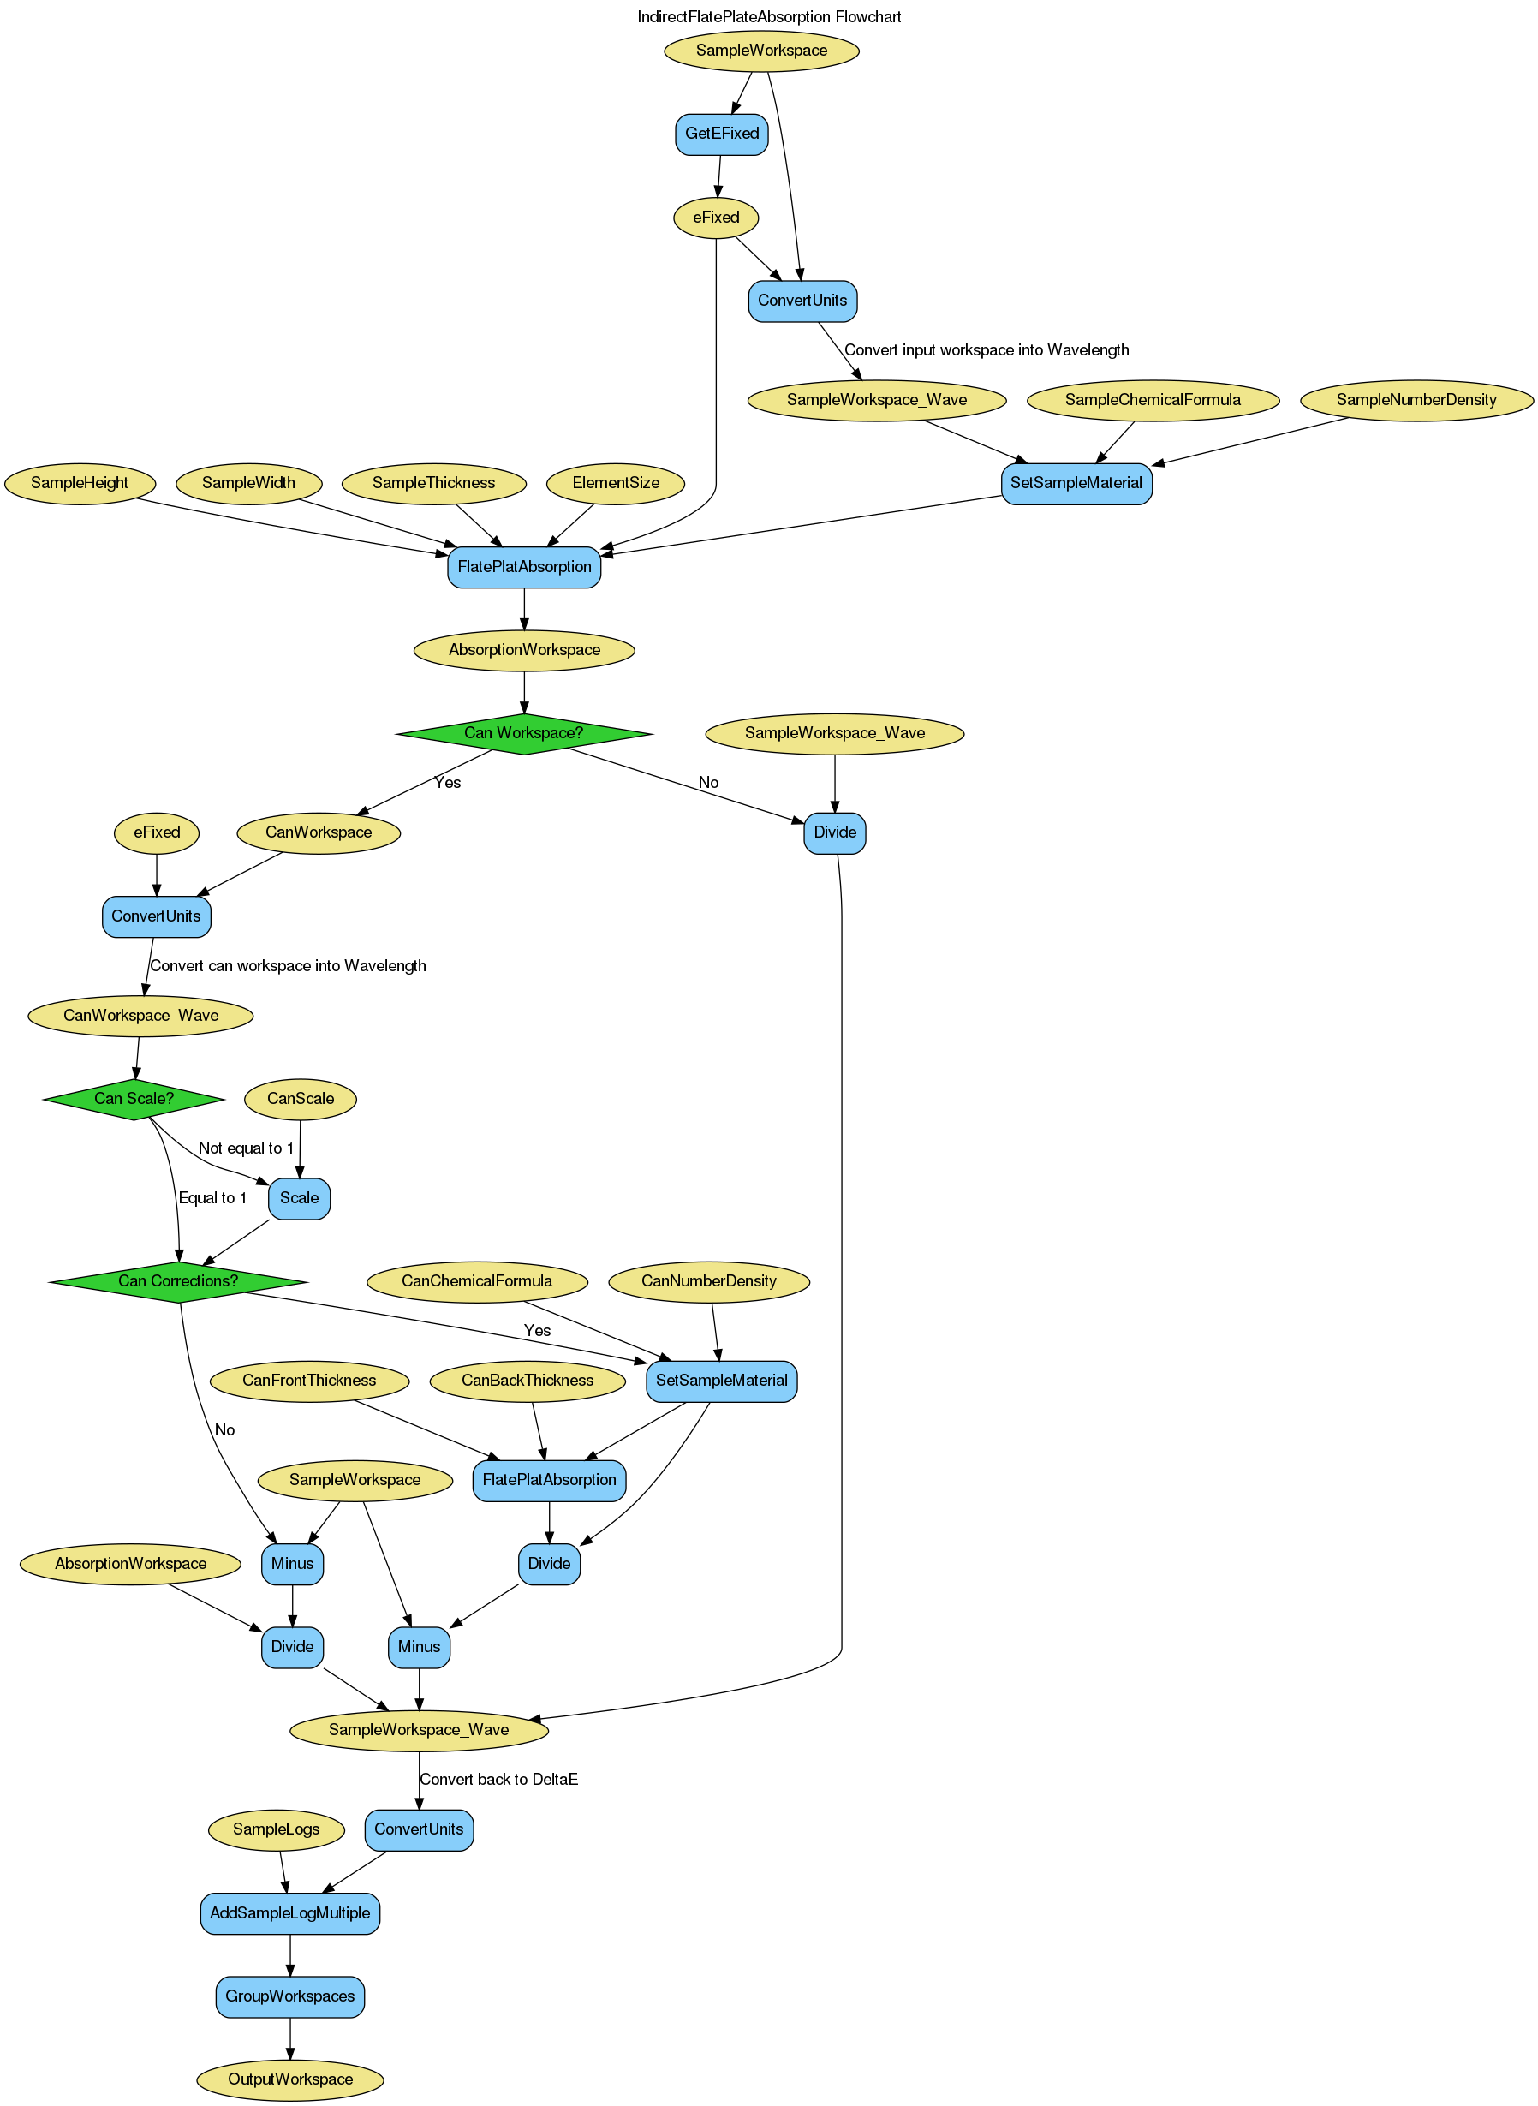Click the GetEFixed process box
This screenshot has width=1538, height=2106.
tap(722, 133)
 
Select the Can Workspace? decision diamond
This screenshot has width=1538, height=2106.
tap(523, 733)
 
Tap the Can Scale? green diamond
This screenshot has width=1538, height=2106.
tap(134, 1099)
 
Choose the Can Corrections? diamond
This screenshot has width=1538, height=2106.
tap(178, 1281)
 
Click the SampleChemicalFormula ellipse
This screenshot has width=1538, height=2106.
tap(1153, 400)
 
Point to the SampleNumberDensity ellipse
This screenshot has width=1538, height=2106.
tap(1416, 400)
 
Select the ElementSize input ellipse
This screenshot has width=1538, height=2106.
tap(616, 483)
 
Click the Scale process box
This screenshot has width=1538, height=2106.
tap(299, 1198)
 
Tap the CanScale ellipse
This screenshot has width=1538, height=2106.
tap(300, 1099)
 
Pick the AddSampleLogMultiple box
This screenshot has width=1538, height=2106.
tap(289, 1913)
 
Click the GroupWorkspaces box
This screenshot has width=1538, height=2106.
tap(289, 1996)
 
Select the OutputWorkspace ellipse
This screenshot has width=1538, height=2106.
tap(289, 2079)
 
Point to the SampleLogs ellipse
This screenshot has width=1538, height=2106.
tap(276, 1829)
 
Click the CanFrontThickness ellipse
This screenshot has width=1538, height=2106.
tap(309, 1381)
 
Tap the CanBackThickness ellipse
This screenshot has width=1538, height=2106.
tap(527, 1381)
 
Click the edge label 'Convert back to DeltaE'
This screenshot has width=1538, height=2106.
tap(499, 1779)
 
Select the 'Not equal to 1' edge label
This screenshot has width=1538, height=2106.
tap(246, 1148)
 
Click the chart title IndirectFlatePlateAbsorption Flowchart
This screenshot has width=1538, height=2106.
tap(769, 17)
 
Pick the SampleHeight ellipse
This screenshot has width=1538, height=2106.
tap(79, 483)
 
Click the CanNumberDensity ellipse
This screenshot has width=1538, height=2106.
tap(708, 1281)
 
